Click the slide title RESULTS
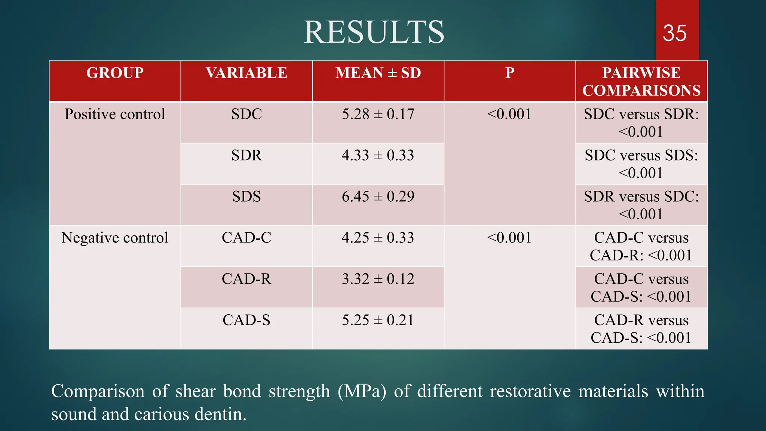(374, 32)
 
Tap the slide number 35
(674, 33)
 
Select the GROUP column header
(115, 73)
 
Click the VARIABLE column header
(246, 73)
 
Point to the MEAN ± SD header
(378, 73)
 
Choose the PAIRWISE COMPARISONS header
(641, 82)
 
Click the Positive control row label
(115, 114)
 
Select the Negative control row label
(115, 238)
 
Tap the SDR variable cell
(246, 155)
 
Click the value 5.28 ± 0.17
(378, 114)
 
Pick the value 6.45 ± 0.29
(378, 196)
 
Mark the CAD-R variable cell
(246, 279)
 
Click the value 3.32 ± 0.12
(378, 279)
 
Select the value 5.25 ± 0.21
(378, 320)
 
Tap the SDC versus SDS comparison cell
(641, 164)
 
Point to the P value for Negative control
(509, 238)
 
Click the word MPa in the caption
(362, 391)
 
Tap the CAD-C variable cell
(246, 238)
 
